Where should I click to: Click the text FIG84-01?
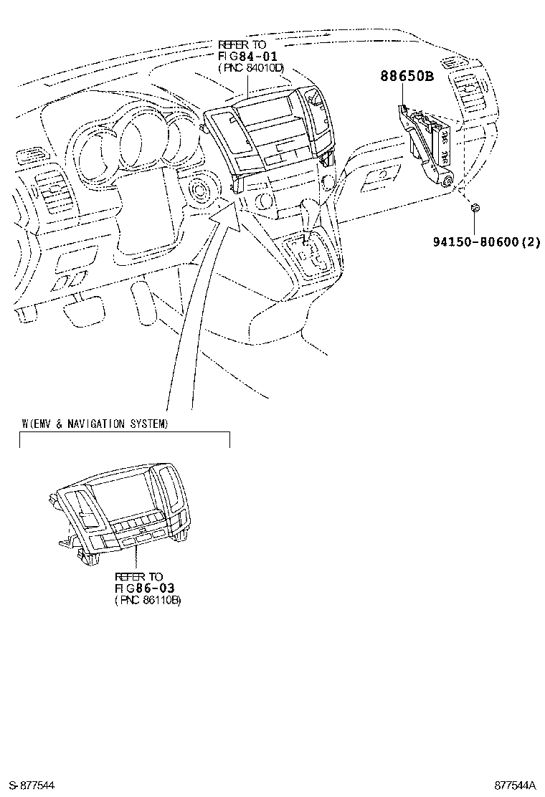click(247, 55)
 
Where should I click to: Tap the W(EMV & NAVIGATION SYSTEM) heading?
click(95, 424)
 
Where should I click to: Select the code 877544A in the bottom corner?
click(515, 786)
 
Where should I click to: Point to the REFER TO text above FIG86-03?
click(139, 576)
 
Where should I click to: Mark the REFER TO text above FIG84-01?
click(242, 44)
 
